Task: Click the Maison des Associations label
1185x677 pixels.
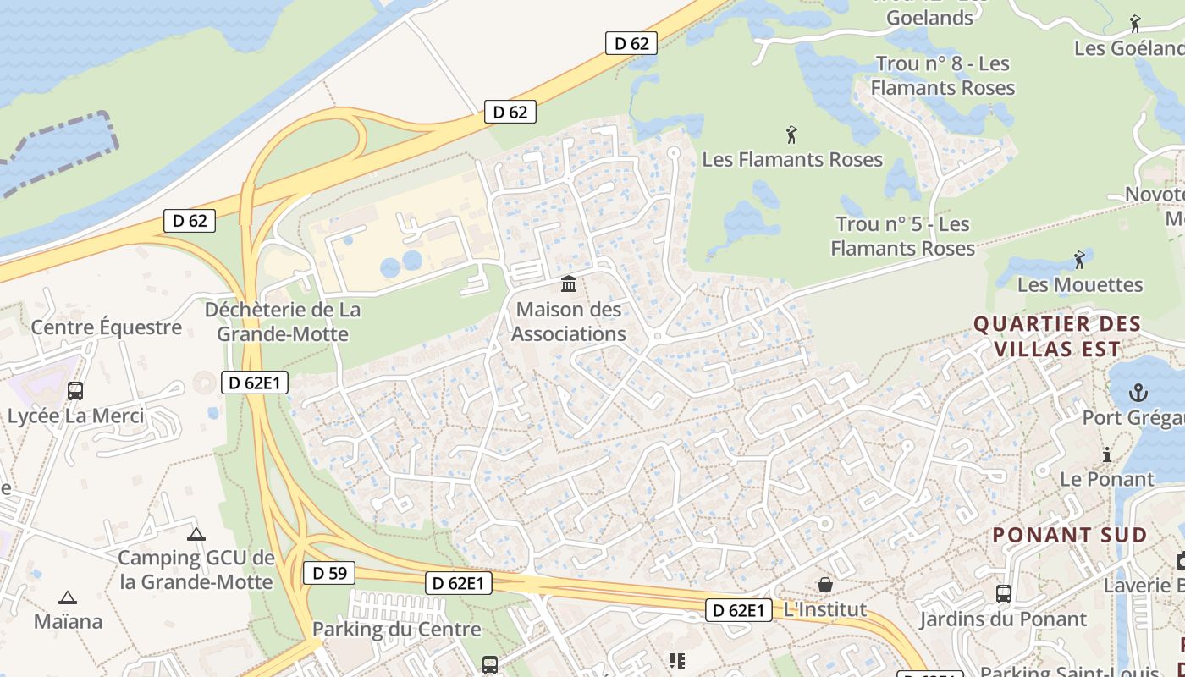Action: [569, 322]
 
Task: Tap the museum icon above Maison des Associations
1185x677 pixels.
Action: [569, 283]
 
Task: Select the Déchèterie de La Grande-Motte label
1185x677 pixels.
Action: [283, 322]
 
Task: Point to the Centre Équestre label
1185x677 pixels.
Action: [107, 327]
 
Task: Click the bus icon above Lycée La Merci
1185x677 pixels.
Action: [75, 390]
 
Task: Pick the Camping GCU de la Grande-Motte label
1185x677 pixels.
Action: [196, 570]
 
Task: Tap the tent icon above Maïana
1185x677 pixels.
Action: [68, 597]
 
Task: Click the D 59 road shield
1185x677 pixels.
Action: [329, 573]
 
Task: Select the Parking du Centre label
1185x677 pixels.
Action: [396, 629]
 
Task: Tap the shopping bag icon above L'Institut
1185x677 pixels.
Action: [824, 585]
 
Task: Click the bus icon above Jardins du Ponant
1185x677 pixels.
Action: [1004, 594]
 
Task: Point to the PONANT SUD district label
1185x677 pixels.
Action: [1069, 535]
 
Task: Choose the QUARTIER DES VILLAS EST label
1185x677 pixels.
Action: [1057, 336]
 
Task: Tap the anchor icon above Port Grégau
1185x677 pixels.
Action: [1138, 393]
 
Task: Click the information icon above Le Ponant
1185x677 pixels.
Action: [1106, 455]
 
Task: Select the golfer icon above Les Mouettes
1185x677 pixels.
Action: [1079, 259]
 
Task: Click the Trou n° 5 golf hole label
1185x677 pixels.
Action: [902, 236]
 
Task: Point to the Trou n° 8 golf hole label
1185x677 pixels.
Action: [943, 75]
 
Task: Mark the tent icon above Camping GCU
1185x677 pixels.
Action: [196, 534]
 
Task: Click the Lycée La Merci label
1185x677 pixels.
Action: [75, 416]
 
